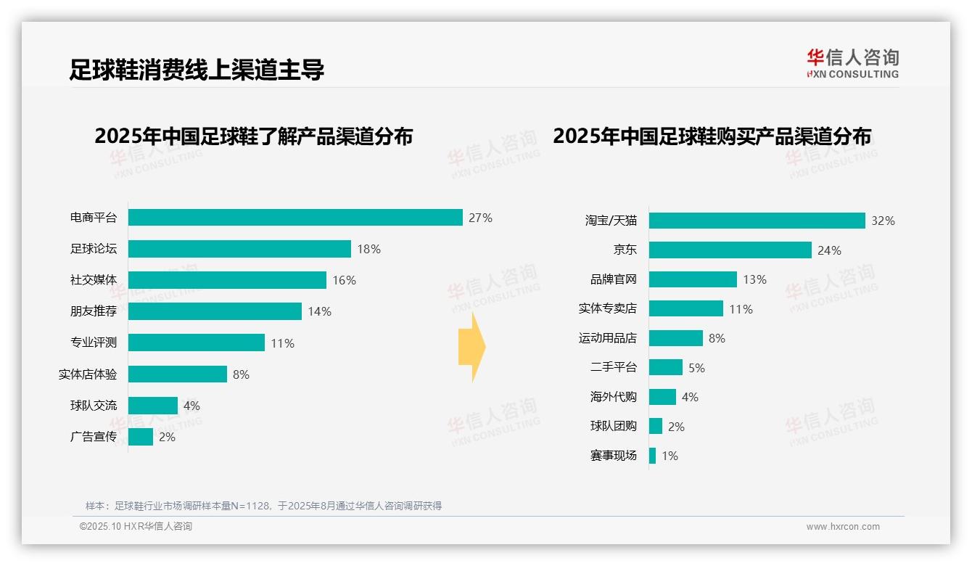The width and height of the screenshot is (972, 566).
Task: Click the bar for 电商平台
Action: click(x=295, y=218)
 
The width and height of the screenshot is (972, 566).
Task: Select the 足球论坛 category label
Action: click(x=93, y=249)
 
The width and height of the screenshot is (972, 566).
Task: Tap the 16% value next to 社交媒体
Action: click(x=344, y=280)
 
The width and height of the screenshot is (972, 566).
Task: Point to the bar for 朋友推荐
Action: click(x=215, y=311)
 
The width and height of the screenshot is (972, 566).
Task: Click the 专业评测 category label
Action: click(x=93, y=343)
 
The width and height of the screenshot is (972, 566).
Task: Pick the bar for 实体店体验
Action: click(x=178, y=374)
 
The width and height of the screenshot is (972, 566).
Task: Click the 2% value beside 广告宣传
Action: click(x=167, y=437)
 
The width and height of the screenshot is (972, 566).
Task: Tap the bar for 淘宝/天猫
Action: click(x=757, y=221)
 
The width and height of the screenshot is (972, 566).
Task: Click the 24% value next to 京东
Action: click(x=829, y=250)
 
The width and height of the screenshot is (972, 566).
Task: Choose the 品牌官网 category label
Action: click(x=613, y=279)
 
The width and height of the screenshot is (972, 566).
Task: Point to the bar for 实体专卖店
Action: click(x=685, y=308)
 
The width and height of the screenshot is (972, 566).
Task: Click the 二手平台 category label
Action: click(x=613, y=368)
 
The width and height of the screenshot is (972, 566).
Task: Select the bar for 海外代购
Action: click(x=662, y=397)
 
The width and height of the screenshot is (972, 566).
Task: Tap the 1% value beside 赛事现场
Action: click(x=670, y=456)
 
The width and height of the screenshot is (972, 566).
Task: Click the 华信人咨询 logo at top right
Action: click(x=852, y=64)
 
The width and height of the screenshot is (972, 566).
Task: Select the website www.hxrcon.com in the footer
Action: click(x=843, y=527)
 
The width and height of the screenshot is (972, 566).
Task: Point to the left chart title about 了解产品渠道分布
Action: click(x=253, y=136)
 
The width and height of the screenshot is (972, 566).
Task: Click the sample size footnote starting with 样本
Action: click(x=263, y=506)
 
